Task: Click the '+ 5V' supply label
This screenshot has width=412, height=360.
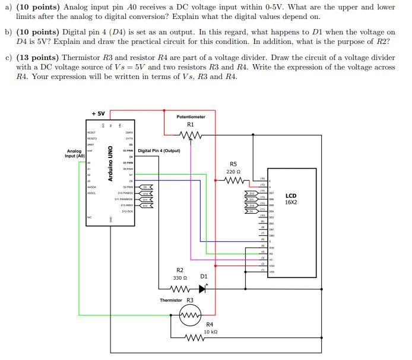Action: point(97,113)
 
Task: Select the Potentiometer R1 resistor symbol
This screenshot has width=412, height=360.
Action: point(191,136)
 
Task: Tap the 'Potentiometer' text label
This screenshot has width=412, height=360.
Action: point(191,117)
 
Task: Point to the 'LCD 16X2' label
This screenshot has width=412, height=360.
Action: point(291,198)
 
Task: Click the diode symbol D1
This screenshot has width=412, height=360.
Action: point(204,289)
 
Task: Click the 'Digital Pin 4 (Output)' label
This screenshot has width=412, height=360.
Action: point(159,151)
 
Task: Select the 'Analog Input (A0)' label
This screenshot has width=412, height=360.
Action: point(75,153)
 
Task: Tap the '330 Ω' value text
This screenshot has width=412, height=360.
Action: point(179,278)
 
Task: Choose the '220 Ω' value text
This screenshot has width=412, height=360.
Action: point(233,172)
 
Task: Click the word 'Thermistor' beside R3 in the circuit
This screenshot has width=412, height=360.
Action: point(171,301)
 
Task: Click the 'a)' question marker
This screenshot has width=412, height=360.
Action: point(8,7)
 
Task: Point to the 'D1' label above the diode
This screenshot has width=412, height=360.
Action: point(204,276)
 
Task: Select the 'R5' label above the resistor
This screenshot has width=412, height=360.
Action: point(233,164)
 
